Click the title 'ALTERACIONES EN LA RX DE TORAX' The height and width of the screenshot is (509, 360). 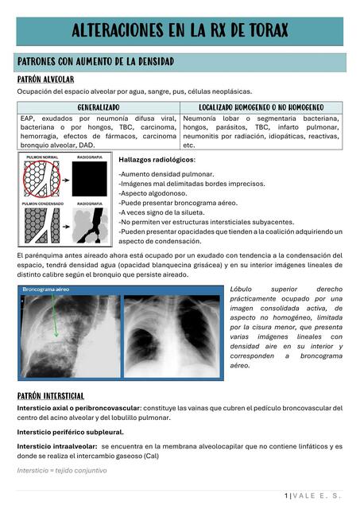coord(180,31)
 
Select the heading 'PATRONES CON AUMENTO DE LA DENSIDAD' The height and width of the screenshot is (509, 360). coord(95,62)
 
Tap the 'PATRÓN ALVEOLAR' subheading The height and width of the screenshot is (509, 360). coord(46,80)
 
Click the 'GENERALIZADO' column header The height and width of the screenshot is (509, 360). coord(99,107)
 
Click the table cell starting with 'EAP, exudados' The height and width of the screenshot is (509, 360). coord(99,131)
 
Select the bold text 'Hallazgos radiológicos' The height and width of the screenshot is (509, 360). coord(156,160)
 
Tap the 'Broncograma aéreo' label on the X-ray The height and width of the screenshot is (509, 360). coord(48,290)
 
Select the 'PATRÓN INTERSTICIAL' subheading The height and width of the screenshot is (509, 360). coord(51,395)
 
